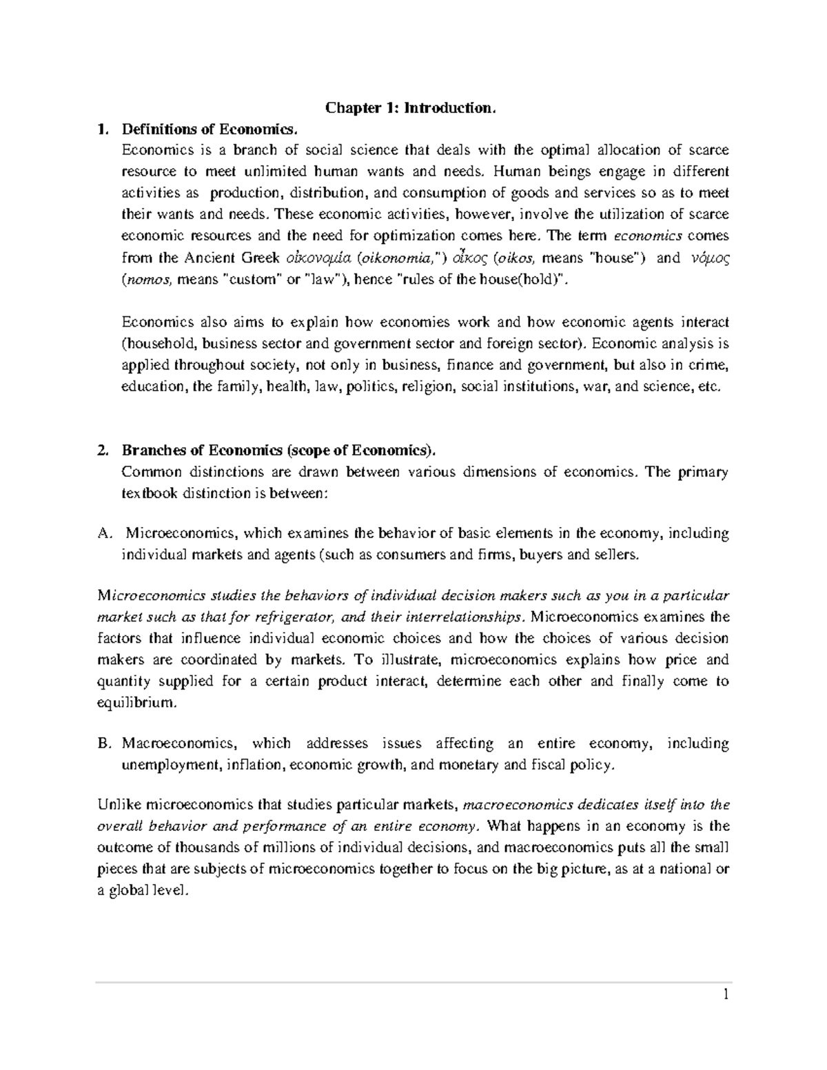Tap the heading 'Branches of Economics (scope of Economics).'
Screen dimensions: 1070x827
tap(279, 451)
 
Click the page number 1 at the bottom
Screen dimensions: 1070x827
tap(726, 995)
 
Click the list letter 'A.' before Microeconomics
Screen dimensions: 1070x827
tap(104, 534)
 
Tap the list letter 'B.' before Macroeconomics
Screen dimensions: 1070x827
tap(104, 744)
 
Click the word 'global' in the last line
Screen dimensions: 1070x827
tap(132, 891)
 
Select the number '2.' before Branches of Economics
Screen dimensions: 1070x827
tap(103, 451)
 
